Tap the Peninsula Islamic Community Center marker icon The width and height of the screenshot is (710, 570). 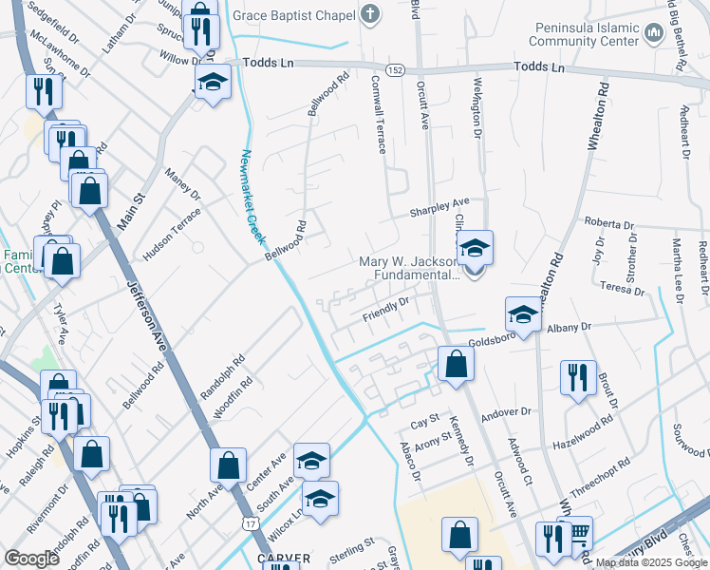[652, 34]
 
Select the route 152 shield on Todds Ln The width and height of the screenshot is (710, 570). [397, 71]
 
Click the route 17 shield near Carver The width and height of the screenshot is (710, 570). [250, 522]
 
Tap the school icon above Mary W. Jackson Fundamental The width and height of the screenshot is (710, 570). [475, 249]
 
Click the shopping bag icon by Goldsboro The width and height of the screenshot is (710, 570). [456, 362]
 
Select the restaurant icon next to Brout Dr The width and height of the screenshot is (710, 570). [577, 377]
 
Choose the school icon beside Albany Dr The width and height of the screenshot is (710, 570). [522, 313]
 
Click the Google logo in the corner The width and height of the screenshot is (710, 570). [32, 559]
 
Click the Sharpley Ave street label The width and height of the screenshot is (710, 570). [439, 206]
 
